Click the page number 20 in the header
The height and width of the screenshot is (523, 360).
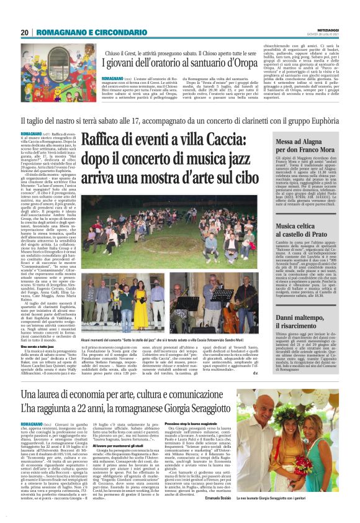click(24, 32)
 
